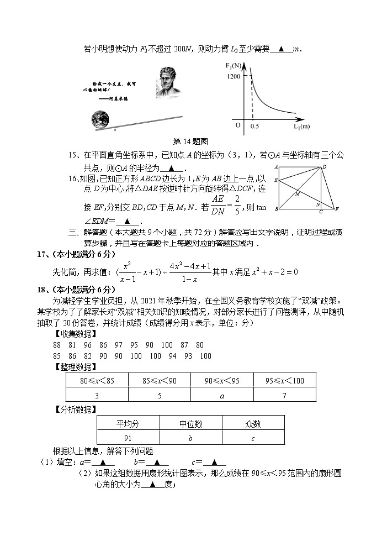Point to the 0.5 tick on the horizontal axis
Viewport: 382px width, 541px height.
click(x=254, y=127)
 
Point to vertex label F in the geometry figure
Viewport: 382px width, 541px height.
click(x=337, y=209)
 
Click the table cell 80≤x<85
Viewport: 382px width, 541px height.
click(x=97, y=381)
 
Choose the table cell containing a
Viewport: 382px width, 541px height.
click(x=222, y=395)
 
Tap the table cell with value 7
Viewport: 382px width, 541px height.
click(x=284, y=395)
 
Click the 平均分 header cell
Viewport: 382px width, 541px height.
click(x=128, y=424)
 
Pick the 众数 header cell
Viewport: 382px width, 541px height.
click(x=253, y=424)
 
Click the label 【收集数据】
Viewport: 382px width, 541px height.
click(x=71, y=333)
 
